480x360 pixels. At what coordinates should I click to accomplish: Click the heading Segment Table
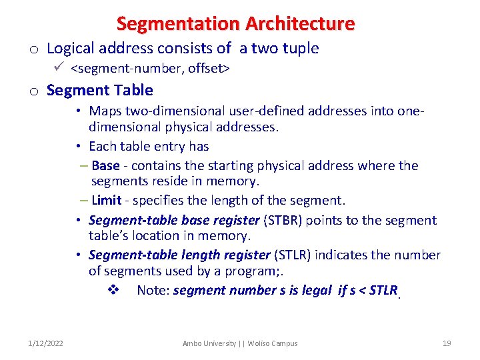[100, 90]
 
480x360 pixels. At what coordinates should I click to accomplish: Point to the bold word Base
[105, 165]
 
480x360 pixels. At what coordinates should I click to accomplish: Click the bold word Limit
[107, 200]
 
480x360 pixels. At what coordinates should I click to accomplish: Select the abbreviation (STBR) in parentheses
[283, 220]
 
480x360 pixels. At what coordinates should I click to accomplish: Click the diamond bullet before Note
[113, 290]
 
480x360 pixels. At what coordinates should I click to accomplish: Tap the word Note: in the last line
[153, 290]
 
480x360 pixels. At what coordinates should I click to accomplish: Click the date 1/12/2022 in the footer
[46, 343]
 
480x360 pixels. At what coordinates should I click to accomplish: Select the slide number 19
[447, 343]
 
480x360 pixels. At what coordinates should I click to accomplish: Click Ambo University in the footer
[209, 343]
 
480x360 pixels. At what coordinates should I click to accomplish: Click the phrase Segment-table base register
[173, 220]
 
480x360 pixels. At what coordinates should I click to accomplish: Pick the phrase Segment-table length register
[179, 255]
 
